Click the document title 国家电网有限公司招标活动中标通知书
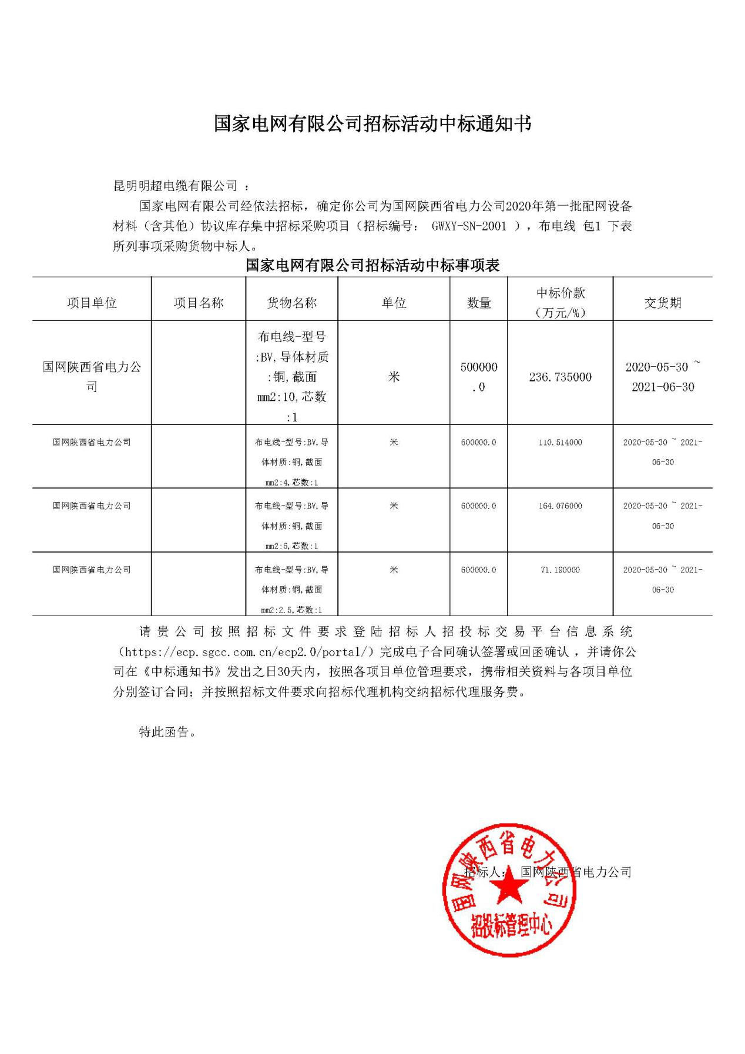(372, 124)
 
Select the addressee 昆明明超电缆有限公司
(174, 186)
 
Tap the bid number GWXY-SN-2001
(469, 226)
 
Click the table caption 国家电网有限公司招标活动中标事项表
(372, 265)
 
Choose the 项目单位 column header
(92, 303)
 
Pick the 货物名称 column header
(291, 303)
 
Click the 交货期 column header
(662, 303)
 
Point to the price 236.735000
(561, 377)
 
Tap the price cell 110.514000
(561, 442)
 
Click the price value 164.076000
(561, 506)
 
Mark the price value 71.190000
(561, 570)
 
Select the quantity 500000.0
(479, 376)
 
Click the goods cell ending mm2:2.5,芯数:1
(291, 590)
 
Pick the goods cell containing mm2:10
(291, 377)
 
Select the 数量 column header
(479, 303)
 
